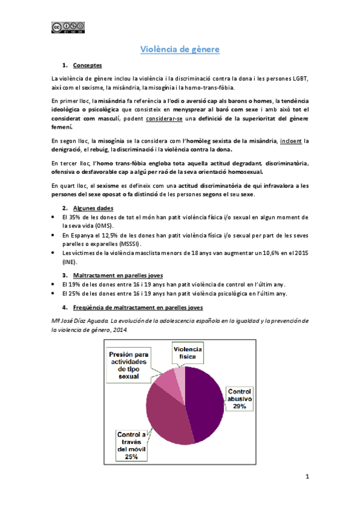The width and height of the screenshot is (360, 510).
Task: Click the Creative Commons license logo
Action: [x=67, y=26]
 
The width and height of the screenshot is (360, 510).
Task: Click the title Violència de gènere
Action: [x=180, y=49]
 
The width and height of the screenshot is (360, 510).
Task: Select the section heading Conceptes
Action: [x=87, y=65]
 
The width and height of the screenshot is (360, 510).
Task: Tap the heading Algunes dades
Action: [x=91, y=207]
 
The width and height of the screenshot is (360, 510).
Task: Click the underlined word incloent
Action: [x=291, y=141]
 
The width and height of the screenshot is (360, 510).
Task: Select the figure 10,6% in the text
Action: [x=278, y=254]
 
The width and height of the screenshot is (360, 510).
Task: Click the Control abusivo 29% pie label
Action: [x=239, y=399]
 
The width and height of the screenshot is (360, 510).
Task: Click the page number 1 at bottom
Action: [x=307, y=478]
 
